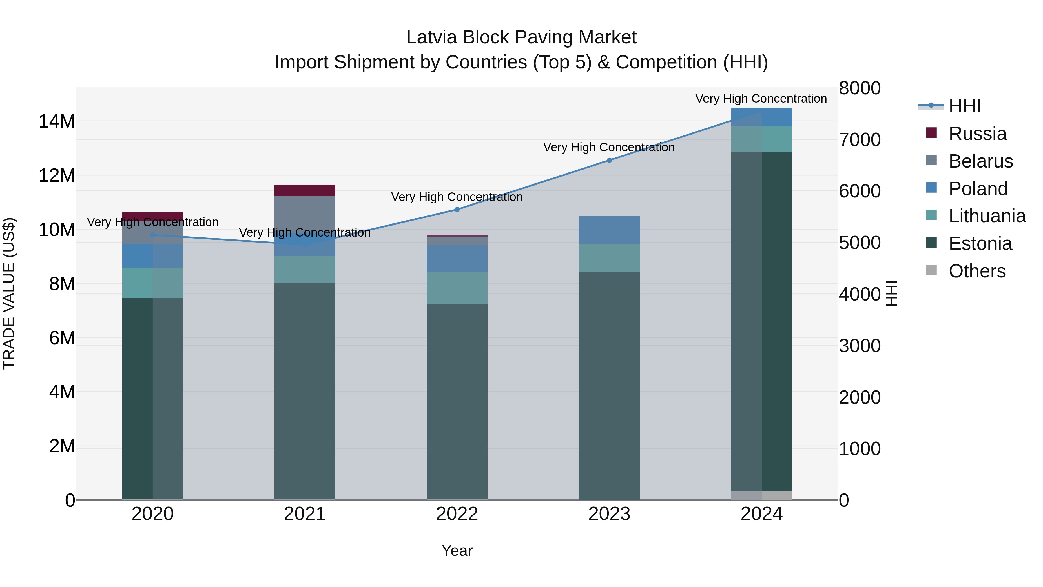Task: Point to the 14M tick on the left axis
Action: pyautogui.click(x=57, y=121)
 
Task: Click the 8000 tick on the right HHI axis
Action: pyautogui.click(x=860, y=88)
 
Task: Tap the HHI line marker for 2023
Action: pyautogui.click(x=609, y=160)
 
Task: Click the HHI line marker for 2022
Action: pyautogui.click(x=457, y=210)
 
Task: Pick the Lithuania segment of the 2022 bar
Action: pyautogui.click(x=457, y=288)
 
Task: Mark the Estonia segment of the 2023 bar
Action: pyautogui.click(x=609, y=385)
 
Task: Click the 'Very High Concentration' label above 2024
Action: pyautogui.click(x=761, y=99)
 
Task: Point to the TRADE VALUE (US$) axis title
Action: pyautogui.click(x=9, y=293)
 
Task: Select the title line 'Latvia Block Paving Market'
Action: pyautogui.click(x=521, y=37)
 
